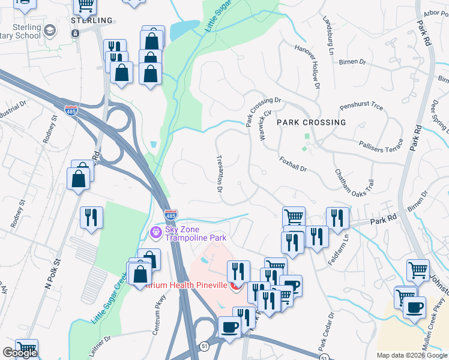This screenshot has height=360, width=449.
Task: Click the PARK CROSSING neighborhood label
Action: click(x=311, y=122)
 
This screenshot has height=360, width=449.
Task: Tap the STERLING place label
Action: click(x=92, y=20)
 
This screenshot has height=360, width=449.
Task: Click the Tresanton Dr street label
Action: click(x=220, y=172)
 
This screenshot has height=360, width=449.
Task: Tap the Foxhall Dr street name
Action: click(x=293, y=164)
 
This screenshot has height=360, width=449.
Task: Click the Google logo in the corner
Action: click(x=20, y=353)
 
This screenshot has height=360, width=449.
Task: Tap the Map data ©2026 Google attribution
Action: click(x=412, y=355)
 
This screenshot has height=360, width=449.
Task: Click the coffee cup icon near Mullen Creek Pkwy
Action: click(x=413, y=307)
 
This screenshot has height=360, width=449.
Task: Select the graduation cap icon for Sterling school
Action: click(x=50, y=30)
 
